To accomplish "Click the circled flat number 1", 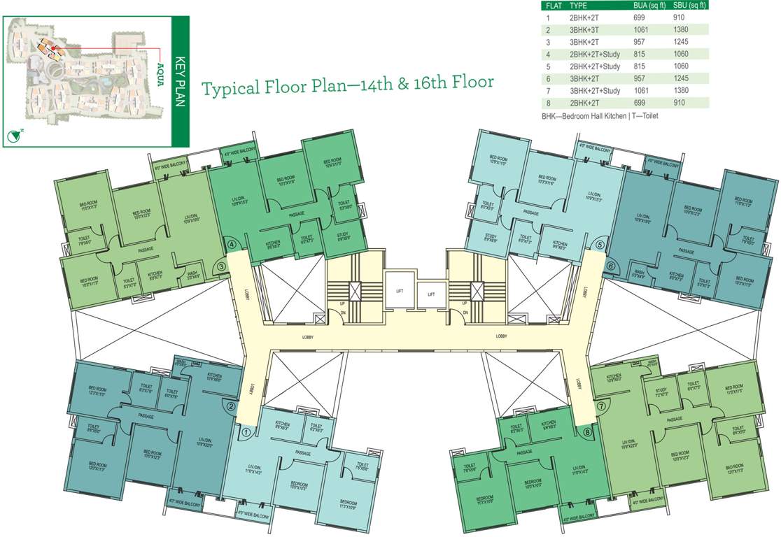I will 246,433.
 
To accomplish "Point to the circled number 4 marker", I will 232,245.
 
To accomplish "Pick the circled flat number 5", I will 600,245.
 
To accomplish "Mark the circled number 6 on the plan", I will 610,266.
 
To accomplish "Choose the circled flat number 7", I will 600,406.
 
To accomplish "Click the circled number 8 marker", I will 586,433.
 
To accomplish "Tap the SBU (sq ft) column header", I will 689,5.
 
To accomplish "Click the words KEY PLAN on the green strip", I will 179,81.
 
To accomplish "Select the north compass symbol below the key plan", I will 12,136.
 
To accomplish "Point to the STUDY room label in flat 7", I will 661,390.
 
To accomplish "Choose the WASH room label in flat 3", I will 191,273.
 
